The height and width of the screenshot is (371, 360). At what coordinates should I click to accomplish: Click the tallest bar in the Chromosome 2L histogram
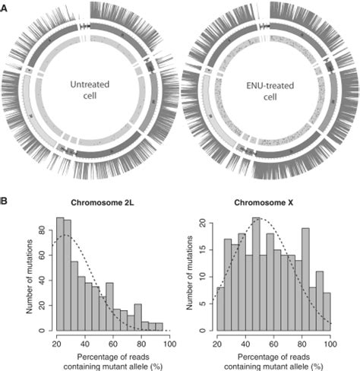[60, 274]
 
